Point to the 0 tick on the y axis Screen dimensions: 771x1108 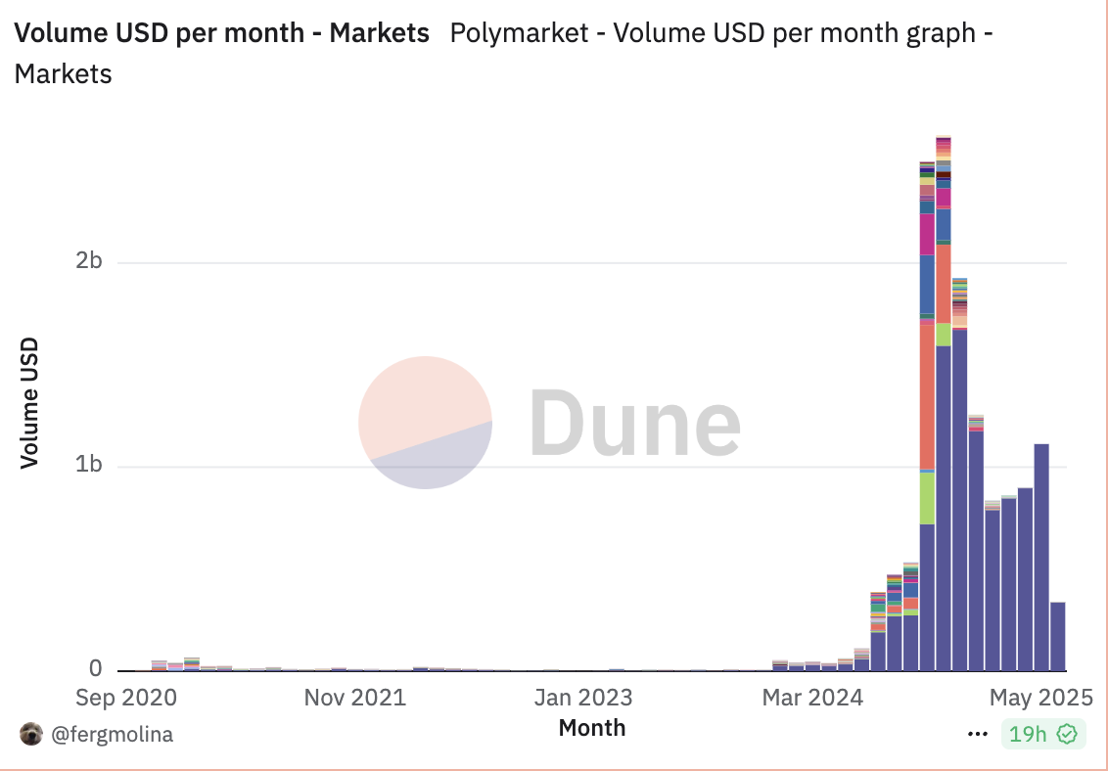click(95, 669)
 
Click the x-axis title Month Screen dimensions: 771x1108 click(591, 728)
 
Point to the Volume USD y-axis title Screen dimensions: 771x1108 click(30, 402)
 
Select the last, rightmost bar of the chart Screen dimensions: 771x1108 click(1057, 636)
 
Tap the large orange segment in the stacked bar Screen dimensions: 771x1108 click(927, 396)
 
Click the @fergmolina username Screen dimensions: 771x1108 click(112, 734)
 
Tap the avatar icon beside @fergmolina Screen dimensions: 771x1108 click(31, 734)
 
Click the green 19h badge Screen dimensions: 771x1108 click(1042, 734)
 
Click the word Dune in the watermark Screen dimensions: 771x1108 click(635, 424)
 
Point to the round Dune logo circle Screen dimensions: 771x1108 click(425, 422)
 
